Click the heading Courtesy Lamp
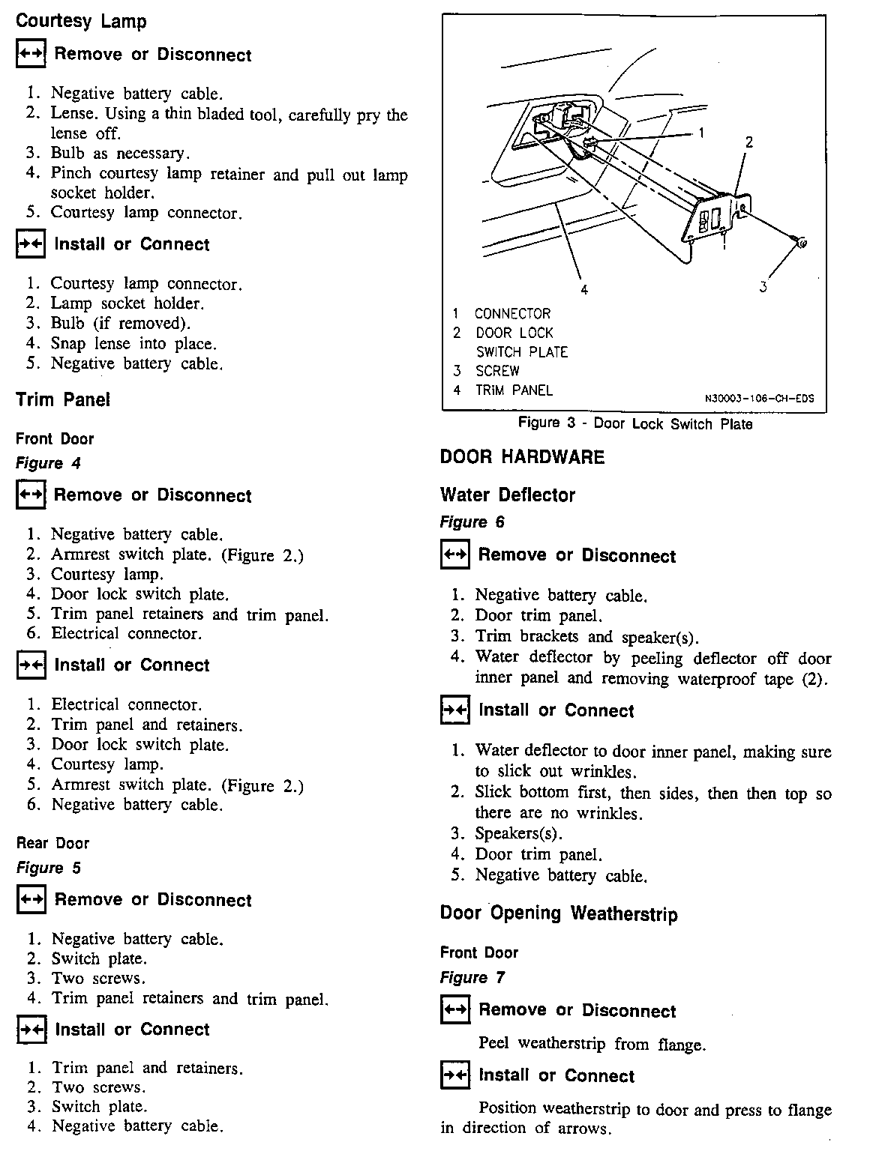[x=81, y=21]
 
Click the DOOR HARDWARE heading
[x=522, y=457]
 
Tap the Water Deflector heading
[x=508, y=495]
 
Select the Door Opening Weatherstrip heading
[x=559, y=913]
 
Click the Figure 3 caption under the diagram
[x=634, y=423]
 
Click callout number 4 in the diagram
[x=583, y=289]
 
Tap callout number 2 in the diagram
[x=748, y=142]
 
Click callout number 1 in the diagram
[x=701, y=133]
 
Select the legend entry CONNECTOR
[x=513, y=313]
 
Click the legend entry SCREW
[x=497, y=371]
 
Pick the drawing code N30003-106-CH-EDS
[x=758, y=399]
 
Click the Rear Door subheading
[x=52, y=843]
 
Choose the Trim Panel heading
[x=63, y=399]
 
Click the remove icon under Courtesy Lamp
[x=31, y=55]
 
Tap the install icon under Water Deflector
[x=455, y=710]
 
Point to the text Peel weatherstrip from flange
[x=592, y=1044]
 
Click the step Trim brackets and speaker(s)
[x=586, y=637]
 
